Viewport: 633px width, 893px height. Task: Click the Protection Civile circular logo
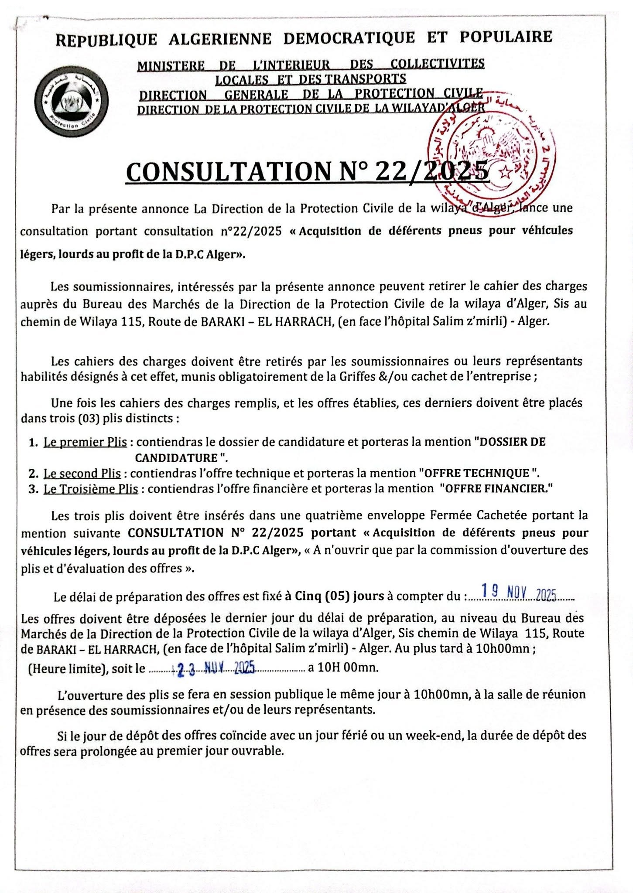pos(72,101)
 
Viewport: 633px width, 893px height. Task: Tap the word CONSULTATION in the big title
pos(228,171)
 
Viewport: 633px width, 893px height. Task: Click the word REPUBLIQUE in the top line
pos(106,40)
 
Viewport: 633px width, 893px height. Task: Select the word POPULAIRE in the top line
pos(506,37)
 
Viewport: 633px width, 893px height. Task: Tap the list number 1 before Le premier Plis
pos(32,443)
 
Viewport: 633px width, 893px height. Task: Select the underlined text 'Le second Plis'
pos(82,474)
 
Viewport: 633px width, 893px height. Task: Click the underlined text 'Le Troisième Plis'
pos(91,489)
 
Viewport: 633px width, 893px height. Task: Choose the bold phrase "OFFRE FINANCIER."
pos(496,488)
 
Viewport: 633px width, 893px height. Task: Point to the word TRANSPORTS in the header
pos(372,79)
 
